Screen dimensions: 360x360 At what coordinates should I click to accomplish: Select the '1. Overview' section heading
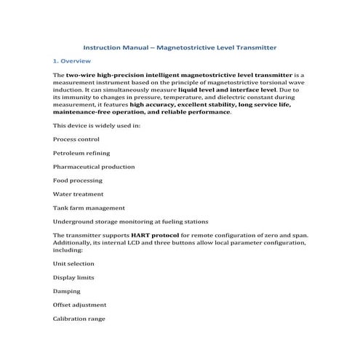pyautogui.click(x=72, y=61)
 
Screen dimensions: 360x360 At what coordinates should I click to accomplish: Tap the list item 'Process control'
pyautogui.click(x=76, y=139)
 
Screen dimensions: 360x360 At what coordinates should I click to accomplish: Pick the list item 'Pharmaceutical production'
pyautogui.click(x=94, y=167)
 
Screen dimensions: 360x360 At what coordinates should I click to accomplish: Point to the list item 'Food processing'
pyautogui.click(x=78, y=180)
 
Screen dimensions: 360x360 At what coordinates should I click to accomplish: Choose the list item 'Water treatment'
pyautogui.click(x=79, y=194)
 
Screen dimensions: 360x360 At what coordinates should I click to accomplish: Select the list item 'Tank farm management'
pyautogui.click(x=89, y=208)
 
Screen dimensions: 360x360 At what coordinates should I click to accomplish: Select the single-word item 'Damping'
pyautogui.click(x=67, y=291)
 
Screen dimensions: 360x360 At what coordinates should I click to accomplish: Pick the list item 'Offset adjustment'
pyautogui.click(x=80, y=305)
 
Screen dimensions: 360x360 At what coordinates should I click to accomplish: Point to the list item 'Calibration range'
pyautogui.click(x=79, y=319)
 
